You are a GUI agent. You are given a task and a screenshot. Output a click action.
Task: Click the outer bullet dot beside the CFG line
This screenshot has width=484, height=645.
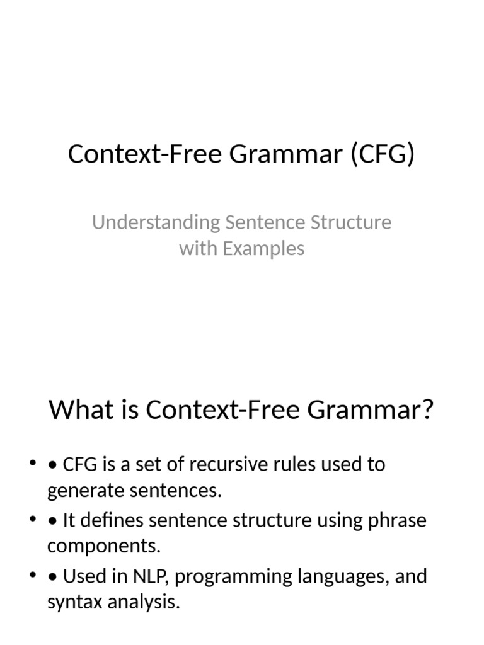[x=32, y=464]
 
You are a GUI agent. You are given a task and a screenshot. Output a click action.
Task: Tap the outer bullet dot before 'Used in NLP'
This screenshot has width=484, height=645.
[x=32, y=576]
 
